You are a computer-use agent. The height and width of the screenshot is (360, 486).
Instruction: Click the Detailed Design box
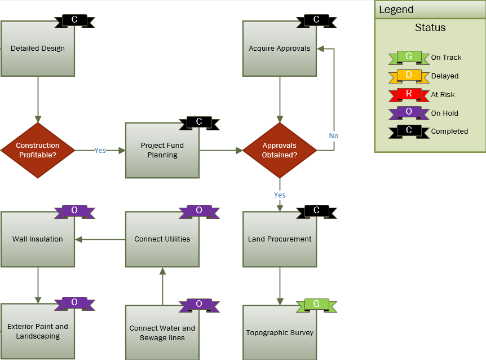[38, 49]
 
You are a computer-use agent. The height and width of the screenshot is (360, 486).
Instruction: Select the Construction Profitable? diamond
[38, 150]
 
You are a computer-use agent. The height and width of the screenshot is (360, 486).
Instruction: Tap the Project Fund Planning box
[162, 150]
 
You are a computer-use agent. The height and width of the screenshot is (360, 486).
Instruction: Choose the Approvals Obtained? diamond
[280, 150]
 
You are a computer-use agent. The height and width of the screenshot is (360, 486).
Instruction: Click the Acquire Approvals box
[280, 49]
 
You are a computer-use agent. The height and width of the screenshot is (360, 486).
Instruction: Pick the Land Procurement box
[280, 239]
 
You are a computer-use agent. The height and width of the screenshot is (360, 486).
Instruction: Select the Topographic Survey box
[280, 333]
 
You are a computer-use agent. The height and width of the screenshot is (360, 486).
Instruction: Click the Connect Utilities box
[162, 239]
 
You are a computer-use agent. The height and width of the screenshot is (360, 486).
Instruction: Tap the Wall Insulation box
[38, 239]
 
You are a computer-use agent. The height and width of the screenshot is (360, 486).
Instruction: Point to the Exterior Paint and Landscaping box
[38, 331]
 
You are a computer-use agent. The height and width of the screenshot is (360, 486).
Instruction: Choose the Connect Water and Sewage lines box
[162, 333]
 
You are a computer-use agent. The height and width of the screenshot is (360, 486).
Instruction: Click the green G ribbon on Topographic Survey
[316, 305]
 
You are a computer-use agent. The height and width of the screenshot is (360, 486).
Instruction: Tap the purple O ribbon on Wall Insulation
[74, 211]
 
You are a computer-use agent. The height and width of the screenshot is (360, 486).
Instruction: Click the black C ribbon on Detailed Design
[74, 21]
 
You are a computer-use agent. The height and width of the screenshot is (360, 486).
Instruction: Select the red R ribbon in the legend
[409, 94]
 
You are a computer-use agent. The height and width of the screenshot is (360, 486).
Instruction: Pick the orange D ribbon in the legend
[409, 76]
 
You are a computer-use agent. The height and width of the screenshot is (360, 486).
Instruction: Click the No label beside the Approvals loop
[334, 136]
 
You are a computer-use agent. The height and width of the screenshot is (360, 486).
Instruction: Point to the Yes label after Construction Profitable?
[100, 151]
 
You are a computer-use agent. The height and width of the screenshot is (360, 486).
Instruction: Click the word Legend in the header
[396, 10]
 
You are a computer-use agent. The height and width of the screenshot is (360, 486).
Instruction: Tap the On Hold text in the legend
[444, 113]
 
